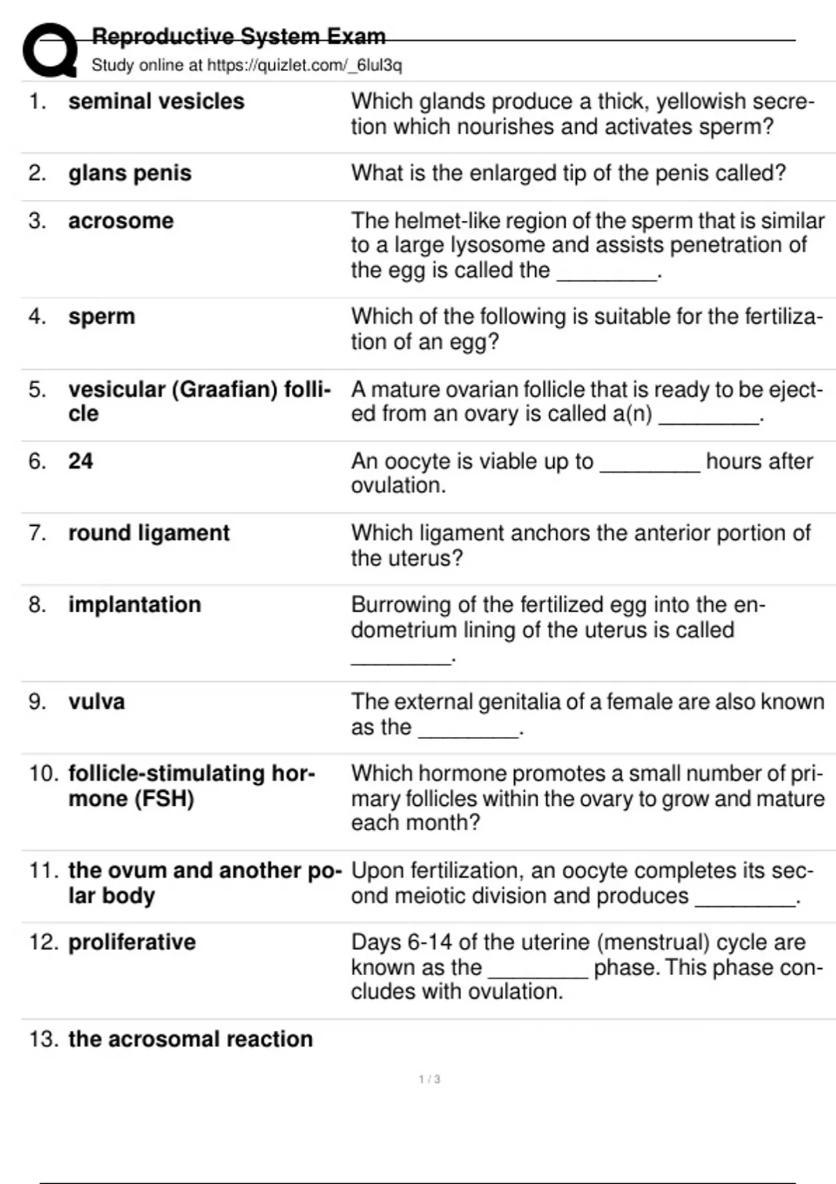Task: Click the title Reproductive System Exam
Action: coord(238,36)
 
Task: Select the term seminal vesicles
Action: coord(156,102)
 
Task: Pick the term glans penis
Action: coord(130,173)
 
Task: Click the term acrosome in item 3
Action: coord(121,221)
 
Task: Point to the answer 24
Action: coord(80,461)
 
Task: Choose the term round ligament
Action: coord(148,533)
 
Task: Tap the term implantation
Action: coord(134,605)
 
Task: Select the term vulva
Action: coord(96,701)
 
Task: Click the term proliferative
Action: coord(132,942)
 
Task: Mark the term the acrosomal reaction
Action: coord(190,1039)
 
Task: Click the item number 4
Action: coord(37,317)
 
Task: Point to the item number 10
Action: coord(43,774)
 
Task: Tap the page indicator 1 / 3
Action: coord(429,1080)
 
